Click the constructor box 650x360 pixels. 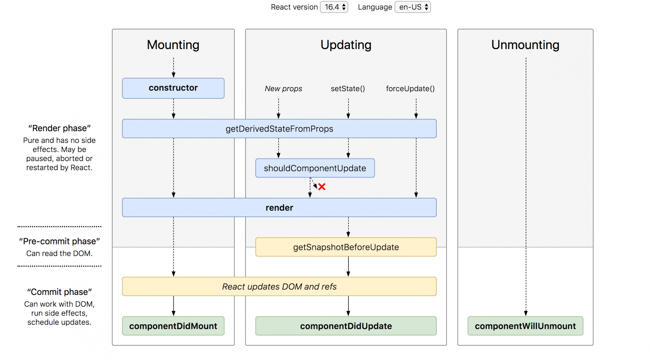pyautogui.click(x=173, y=88)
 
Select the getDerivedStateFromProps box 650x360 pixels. pyautogui.click(x=279, y=129)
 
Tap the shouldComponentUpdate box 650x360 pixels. pyautogui.click(x=315, y=168)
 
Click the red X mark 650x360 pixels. pyautogui.click(x=322, y=187)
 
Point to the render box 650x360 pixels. pyautogui.click(x=279, y=208)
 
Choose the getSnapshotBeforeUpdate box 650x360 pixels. pyautogui.click(x=346, y=247)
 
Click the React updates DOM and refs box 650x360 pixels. pyautogui.click(x=279, y=286)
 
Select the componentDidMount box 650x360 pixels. pyautogui.click(x=173, y=326)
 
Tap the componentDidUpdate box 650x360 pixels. pyautogui.click(x=346, y=326)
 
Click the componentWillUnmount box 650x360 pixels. pyautogui.click(x=525, y=326)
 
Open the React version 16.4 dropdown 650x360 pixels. pyautogui.click(x=334, y=7)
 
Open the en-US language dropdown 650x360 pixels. pyautogui.click(x=413, y=7)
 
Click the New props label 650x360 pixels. pyautogui.click(x=283, y=89)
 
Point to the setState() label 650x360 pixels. pyautogui.click(x=348, y=89)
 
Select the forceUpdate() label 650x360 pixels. pyautogui.click(x=410, y=89)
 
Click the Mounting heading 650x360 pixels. pyautogui.click(x=173, y=45)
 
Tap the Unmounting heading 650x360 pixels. pyautogui.click(x=525, y=45)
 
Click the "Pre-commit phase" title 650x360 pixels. pyautogui.click(x=59, y=241)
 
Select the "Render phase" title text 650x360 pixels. pyautogui.click(x=59, y=128)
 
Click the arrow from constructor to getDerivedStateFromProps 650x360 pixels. pyautogui.click(x=174, y=109)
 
